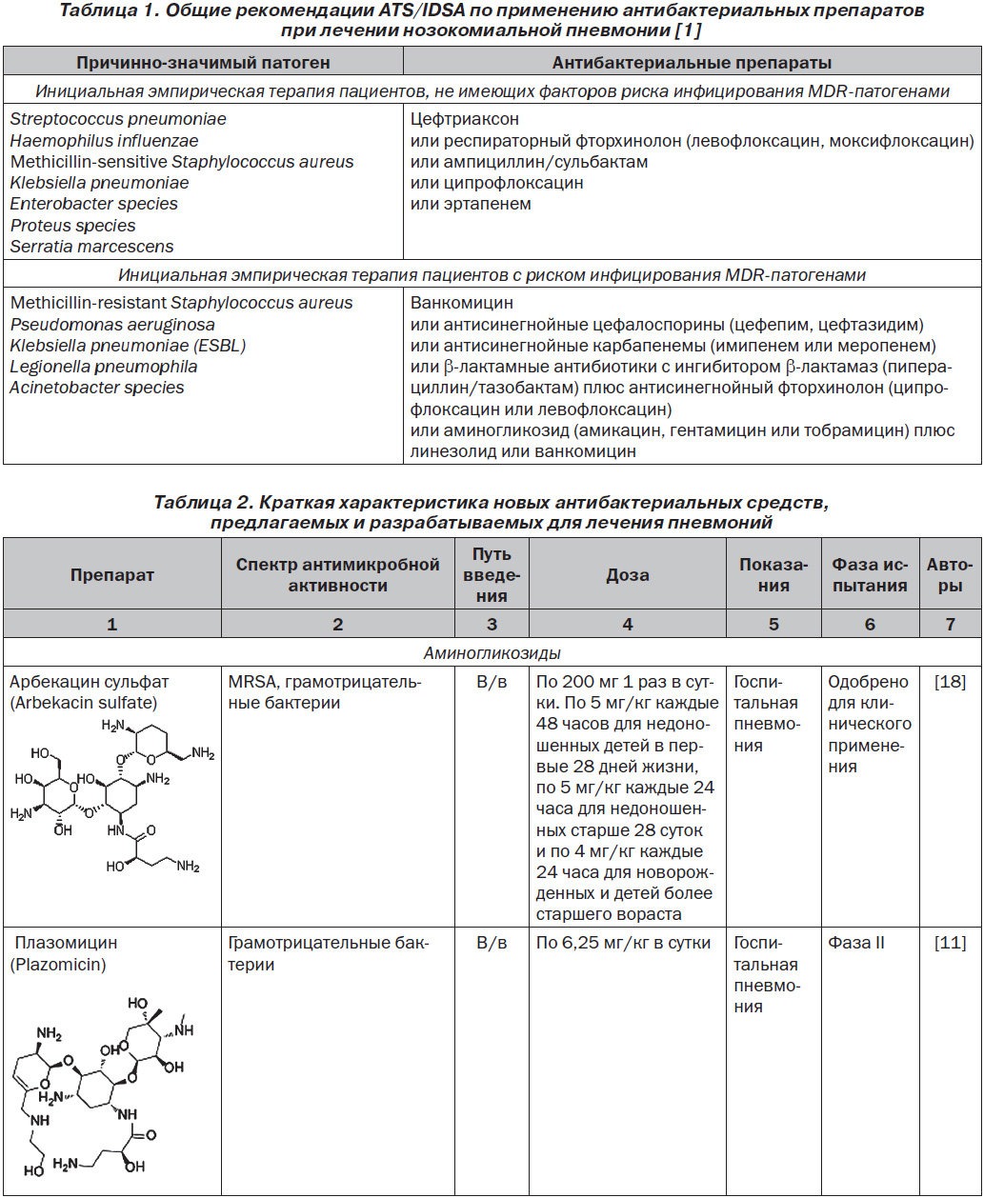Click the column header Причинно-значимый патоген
(x=204, y=63)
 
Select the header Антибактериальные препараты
(x=693, y=63)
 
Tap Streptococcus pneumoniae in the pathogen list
(x=118, y=119)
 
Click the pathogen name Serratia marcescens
(x=92, y=247)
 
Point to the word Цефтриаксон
(x=466, y=119)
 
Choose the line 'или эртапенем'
(x=472, y=204)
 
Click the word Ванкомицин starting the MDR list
(x=463, y=303)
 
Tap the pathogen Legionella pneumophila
(x=104, y=367)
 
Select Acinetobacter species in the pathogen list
(x=97, y=388)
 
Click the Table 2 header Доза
(x=628, y=575)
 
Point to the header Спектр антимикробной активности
(x=338, y=575)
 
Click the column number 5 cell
(x=773, y=625)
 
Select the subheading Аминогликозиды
(x=492, y=653)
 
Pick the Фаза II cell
(x=856, y=943)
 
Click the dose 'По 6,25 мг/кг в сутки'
(x=624, y=943)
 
